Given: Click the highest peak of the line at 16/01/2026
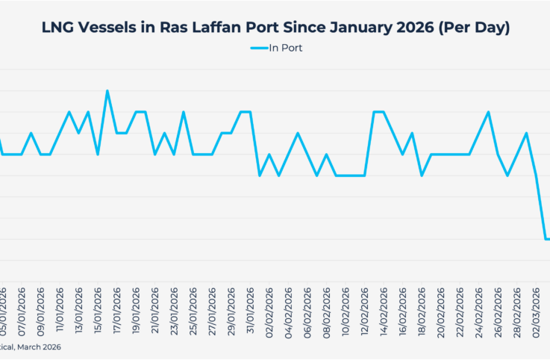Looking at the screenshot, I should [x=107, y=91].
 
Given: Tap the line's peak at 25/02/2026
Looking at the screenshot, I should [x=488, y=112].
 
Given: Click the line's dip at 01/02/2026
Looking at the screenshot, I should [x=259, y=176].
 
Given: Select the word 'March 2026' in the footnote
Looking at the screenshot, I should [x=40, y=347].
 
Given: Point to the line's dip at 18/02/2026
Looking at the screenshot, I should [x=422, y=176].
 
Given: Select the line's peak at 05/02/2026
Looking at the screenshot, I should [x=298, y=133].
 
